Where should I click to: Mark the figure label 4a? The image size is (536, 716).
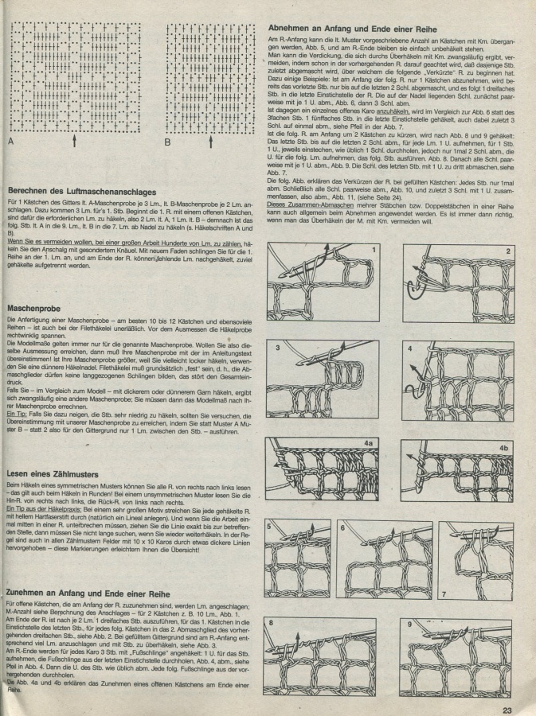(x=368, y=442)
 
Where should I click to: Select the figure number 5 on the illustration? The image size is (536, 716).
(x=270, y=527)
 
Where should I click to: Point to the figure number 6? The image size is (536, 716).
(x=342, y=527)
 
